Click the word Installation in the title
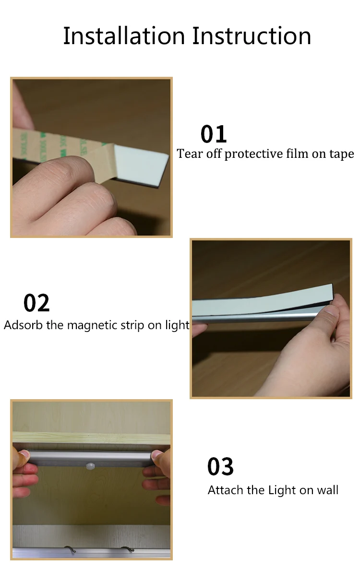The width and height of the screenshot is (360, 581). tap(124, 36)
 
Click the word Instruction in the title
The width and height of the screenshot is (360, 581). tap(252, 36)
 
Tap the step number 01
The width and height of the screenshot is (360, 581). tap(214, 134)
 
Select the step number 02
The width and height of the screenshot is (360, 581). tap(36, 303)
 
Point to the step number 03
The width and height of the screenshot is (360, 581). tap(220, 467)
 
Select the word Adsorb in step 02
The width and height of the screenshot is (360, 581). tap(23, 325)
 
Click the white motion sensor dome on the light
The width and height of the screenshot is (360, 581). tap(90, 466)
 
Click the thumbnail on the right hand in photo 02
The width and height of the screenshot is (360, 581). tap(332, 310)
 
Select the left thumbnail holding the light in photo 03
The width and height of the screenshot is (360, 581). tap(24, 454)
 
